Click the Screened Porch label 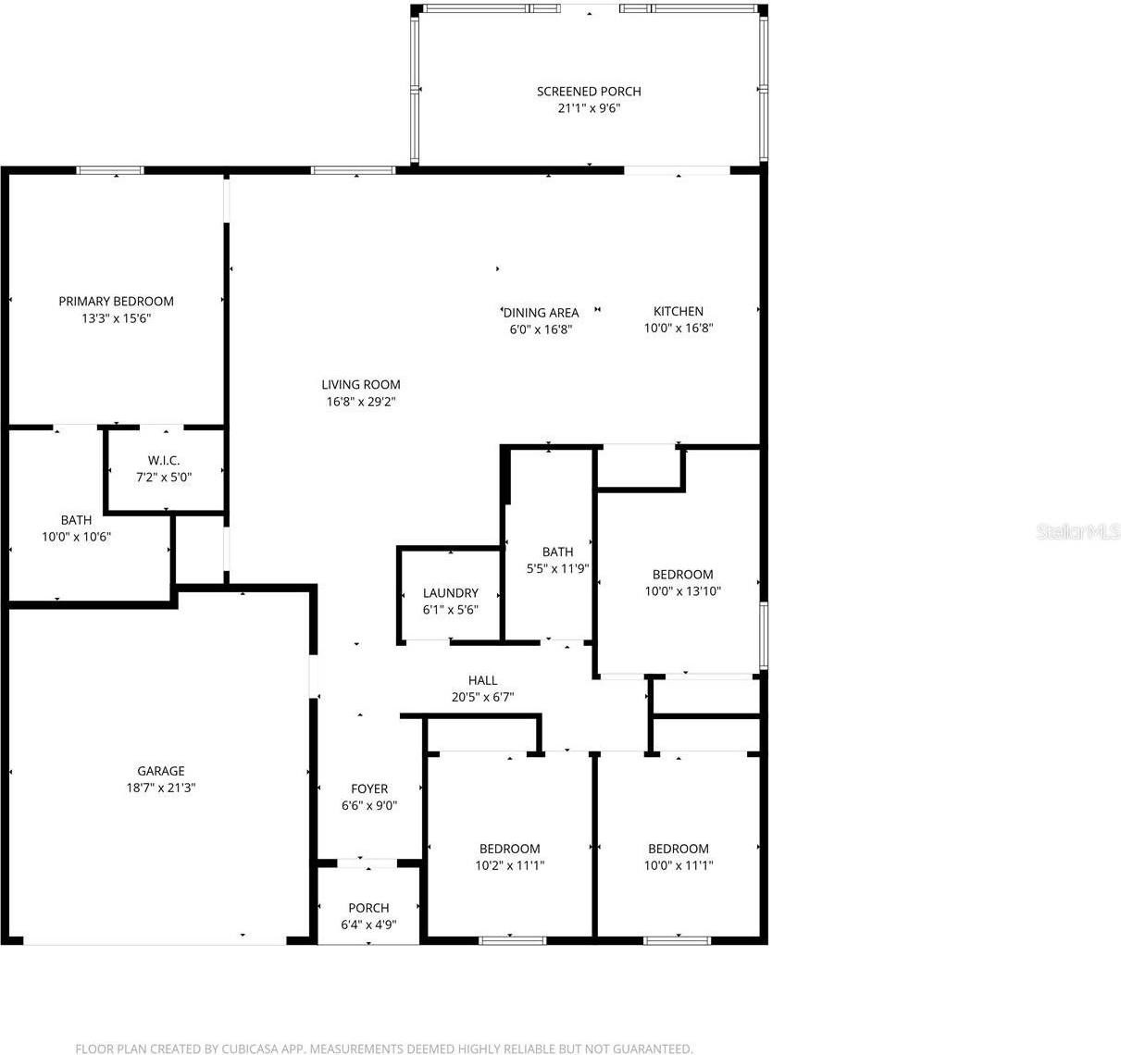pos(589,92)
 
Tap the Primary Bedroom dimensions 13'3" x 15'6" pos(117,318)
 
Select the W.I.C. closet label pos(164,461)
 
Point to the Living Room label pos(361,385)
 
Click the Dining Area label pos(541,313)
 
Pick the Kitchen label pos(679,311)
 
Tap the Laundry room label pos(451,592)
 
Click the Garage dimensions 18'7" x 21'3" pos(161,788)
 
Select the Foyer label pos(369,788)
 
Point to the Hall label pos(482,680)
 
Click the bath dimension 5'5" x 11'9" pos(557,568)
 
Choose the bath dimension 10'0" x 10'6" pos(76,536)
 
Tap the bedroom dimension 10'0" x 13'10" pos(683,591)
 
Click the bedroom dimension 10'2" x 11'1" pos(510,865)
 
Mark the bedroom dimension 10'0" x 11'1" pos(679,865)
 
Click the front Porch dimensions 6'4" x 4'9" pos(368,925)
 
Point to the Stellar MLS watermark pos(1078,532)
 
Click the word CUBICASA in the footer pos(250,1049)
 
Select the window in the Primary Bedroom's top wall pos(110,170)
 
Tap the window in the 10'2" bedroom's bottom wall pos(513,940)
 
